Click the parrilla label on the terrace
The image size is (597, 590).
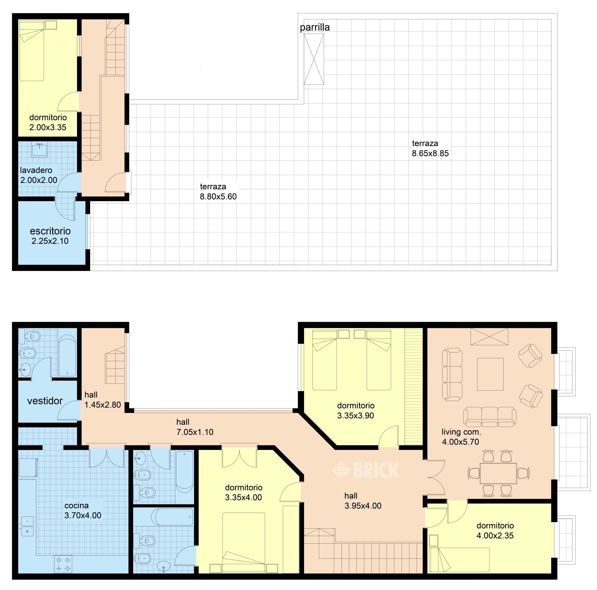coord(315,27)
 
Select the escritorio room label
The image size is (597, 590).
coord(50,231)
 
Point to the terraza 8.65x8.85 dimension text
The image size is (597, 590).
coord(430,153)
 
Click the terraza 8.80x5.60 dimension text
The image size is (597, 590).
coord(218,196)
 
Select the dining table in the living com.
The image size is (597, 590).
coord(498,473)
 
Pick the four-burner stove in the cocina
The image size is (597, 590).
coord(63,564)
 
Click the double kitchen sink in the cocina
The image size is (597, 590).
coord(27,526)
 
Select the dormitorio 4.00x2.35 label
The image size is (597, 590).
coord(495,531)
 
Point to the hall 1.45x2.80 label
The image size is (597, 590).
coord(103,400)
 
